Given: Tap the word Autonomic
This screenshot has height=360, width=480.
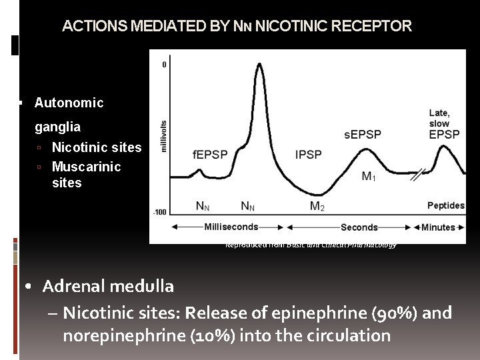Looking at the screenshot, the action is click(x=69, y=103).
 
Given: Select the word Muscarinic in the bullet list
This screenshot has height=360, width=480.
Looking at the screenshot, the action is click(x=86, y=166).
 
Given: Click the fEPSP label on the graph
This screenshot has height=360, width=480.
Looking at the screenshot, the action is click(x=210, y=155).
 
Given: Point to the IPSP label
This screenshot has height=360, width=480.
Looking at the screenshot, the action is click(x=308, y=155).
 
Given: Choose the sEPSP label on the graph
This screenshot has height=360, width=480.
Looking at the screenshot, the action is click(x=363, y=135).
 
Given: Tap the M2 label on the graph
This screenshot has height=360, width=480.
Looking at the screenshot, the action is click(x=317, y=206).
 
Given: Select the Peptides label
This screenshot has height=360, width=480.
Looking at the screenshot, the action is click(x=445, y=205).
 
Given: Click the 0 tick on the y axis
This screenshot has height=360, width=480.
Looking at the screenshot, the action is click(x=165, y=65).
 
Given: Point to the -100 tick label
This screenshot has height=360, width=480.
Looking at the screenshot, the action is click(x=160, y=212).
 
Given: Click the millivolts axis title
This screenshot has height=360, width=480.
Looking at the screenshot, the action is click(x=165, y=136).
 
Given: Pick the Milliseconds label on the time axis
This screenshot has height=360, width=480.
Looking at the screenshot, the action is click(x=231, y=227).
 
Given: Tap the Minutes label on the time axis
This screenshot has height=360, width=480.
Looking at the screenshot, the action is click(x=438, y=227).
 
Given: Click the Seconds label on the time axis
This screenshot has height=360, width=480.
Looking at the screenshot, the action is click(x=359, y=227).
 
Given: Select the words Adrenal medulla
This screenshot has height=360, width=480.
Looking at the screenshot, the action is click(x=108, y=287).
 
